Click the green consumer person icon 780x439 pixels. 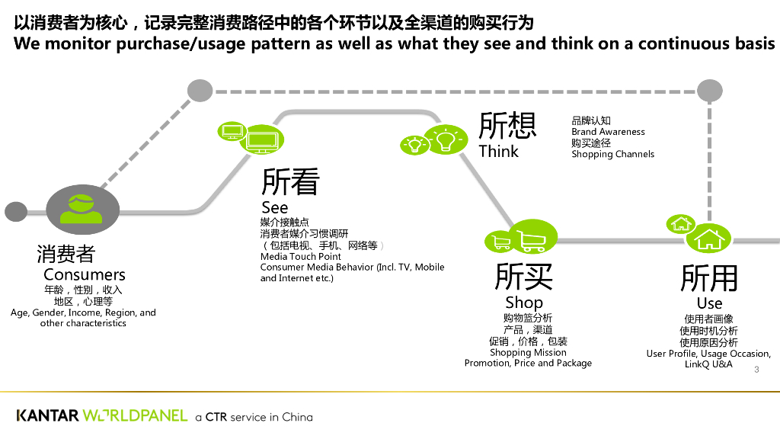81,209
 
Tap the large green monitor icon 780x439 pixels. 262,139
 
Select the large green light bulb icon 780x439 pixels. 446,139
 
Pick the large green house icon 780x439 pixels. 709,239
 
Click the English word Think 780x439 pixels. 498,152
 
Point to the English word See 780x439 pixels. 274,207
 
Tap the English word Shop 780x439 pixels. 524,302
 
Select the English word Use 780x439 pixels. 709,303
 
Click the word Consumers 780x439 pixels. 84,274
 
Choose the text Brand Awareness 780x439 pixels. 608,132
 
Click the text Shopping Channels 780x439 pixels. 613,154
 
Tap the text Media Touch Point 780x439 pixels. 300,256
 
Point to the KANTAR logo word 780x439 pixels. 48,415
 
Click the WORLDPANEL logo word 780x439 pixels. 135,415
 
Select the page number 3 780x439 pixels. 756,370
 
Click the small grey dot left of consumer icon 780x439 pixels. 16,212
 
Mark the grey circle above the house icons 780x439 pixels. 709,91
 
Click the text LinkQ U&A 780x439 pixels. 708,364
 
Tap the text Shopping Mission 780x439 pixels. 528,352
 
